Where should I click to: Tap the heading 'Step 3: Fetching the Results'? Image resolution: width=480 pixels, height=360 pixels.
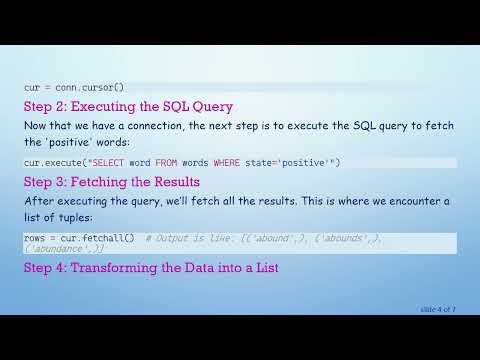point(112,182)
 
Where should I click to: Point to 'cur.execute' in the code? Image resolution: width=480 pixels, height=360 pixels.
point(49,162)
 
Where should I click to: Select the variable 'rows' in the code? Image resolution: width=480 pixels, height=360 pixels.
point(34,238)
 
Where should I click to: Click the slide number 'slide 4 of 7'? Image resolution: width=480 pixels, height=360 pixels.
point(437,309)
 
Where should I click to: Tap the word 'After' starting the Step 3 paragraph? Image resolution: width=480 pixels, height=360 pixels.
point(38,201)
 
